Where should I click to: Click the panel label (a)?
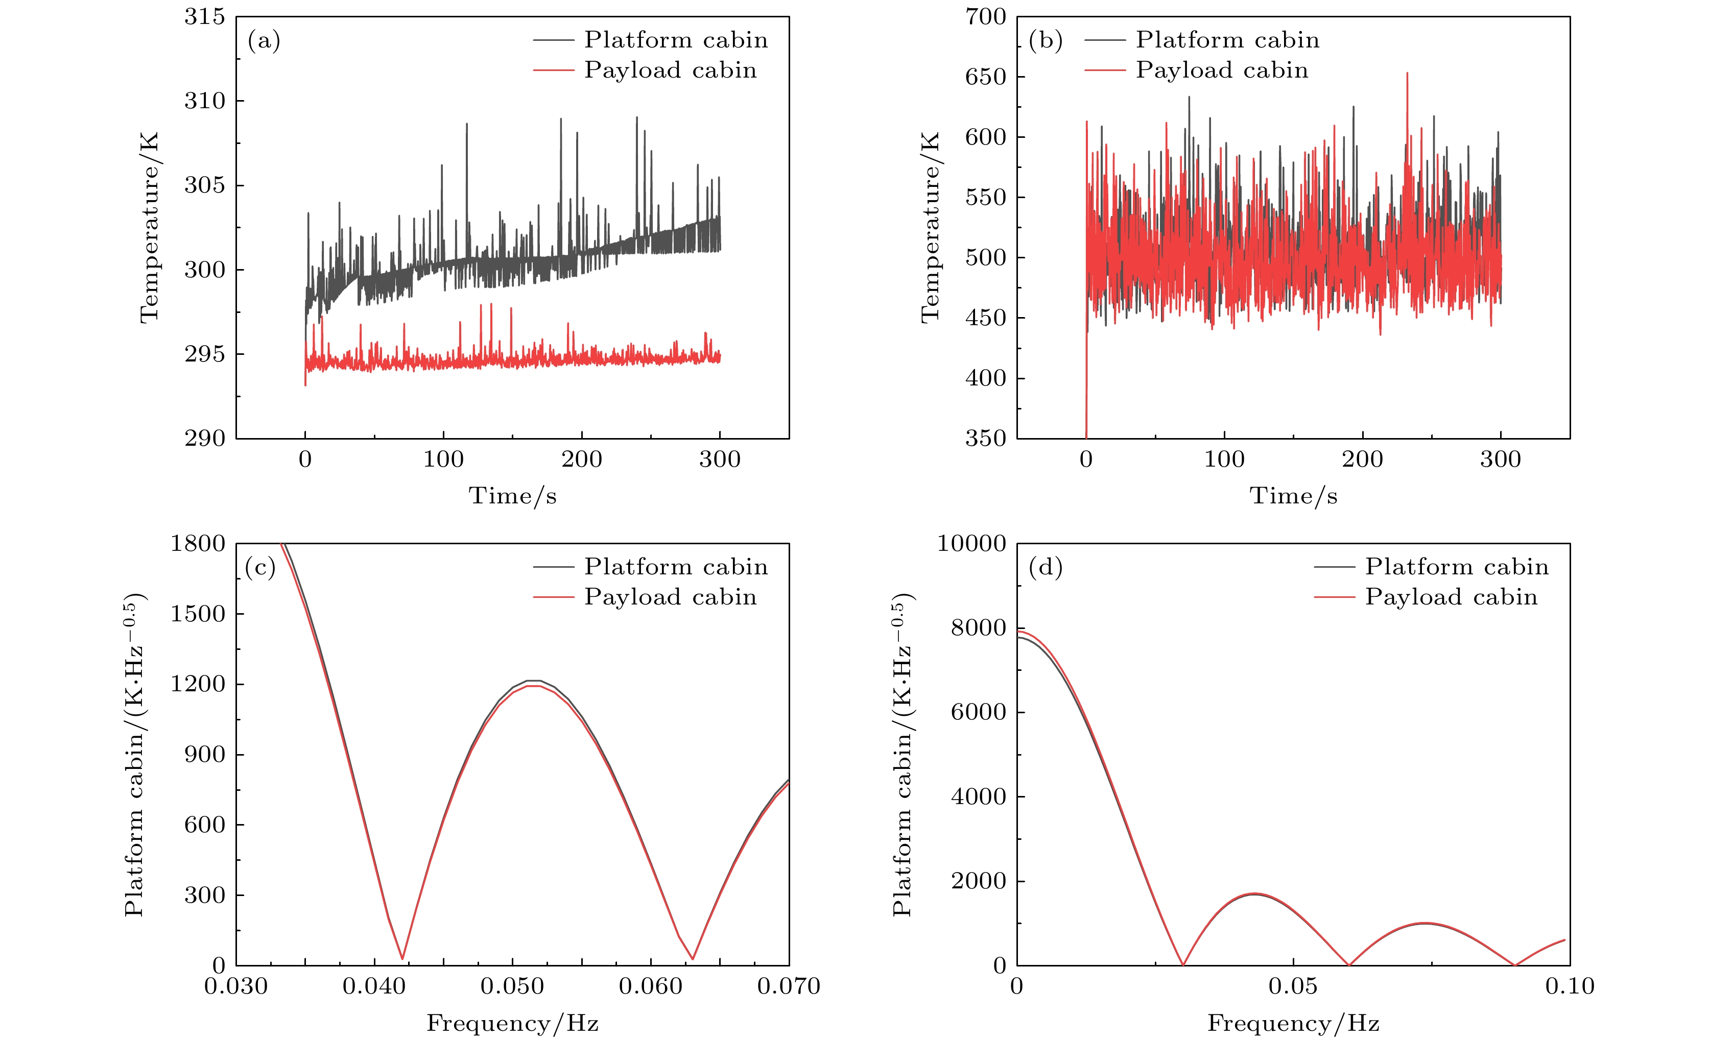(x=264, y=41)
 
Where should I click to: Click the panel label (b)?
(x=1045, y=41)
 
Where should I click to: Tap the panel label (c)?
(x=260, y=568)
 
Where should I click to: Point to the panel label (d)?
(x=1045, y=568)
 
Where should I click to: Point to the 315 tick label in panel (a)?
(x=205, y=17)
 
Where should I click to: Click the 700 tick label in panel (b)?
(x=986, y=17)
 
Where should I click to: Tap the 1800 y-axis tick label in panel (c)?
(x=198, y=544)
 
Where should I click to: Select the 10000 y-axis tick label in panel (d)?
(x=971, y=544)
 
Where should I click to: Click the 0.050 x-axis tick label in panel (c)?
(x=513, y=986)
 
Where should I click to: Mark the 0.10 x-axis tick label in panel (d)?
(x=1570, y=986)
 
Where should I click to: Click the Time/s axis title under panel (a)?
(x=513, y=496)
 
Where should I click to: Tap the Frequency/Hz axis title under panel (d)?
(x=1294, y=1023)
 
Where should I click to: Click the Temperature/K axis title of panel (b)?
(x=930, y=227)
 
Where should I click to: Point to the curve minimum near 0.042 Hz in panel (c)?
(x=402, y=959)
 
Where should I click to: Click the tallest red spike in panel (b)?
(x=1407, y=74)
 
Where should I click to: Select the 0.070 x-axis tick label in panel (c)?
(x=789, y=986)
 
